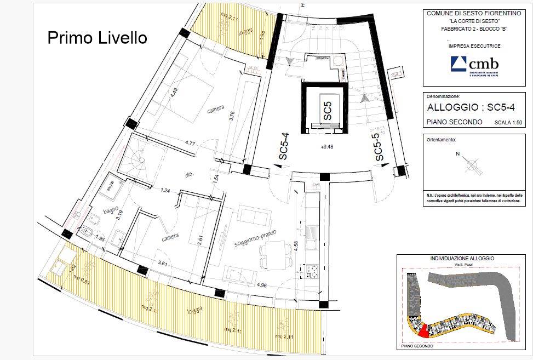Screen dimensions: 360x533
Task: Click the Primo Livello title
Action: tap(97, 38)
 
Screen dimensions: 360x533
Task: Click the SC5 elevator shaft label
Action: tap(327, 111)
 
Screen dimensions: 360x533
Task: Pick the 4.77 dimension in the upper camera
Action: tap(190, 143)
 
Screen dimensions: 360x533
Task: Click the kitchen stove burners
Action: tap(314, 270)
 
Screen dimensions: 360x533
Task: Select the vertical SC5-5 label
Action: tap(379, 148)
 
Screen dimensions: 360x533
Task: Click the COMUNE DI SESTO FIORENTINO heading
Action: tap(470, 13)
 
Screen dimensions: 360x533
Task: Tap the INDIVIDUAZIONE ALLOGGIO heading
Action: tap(462, 258)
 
